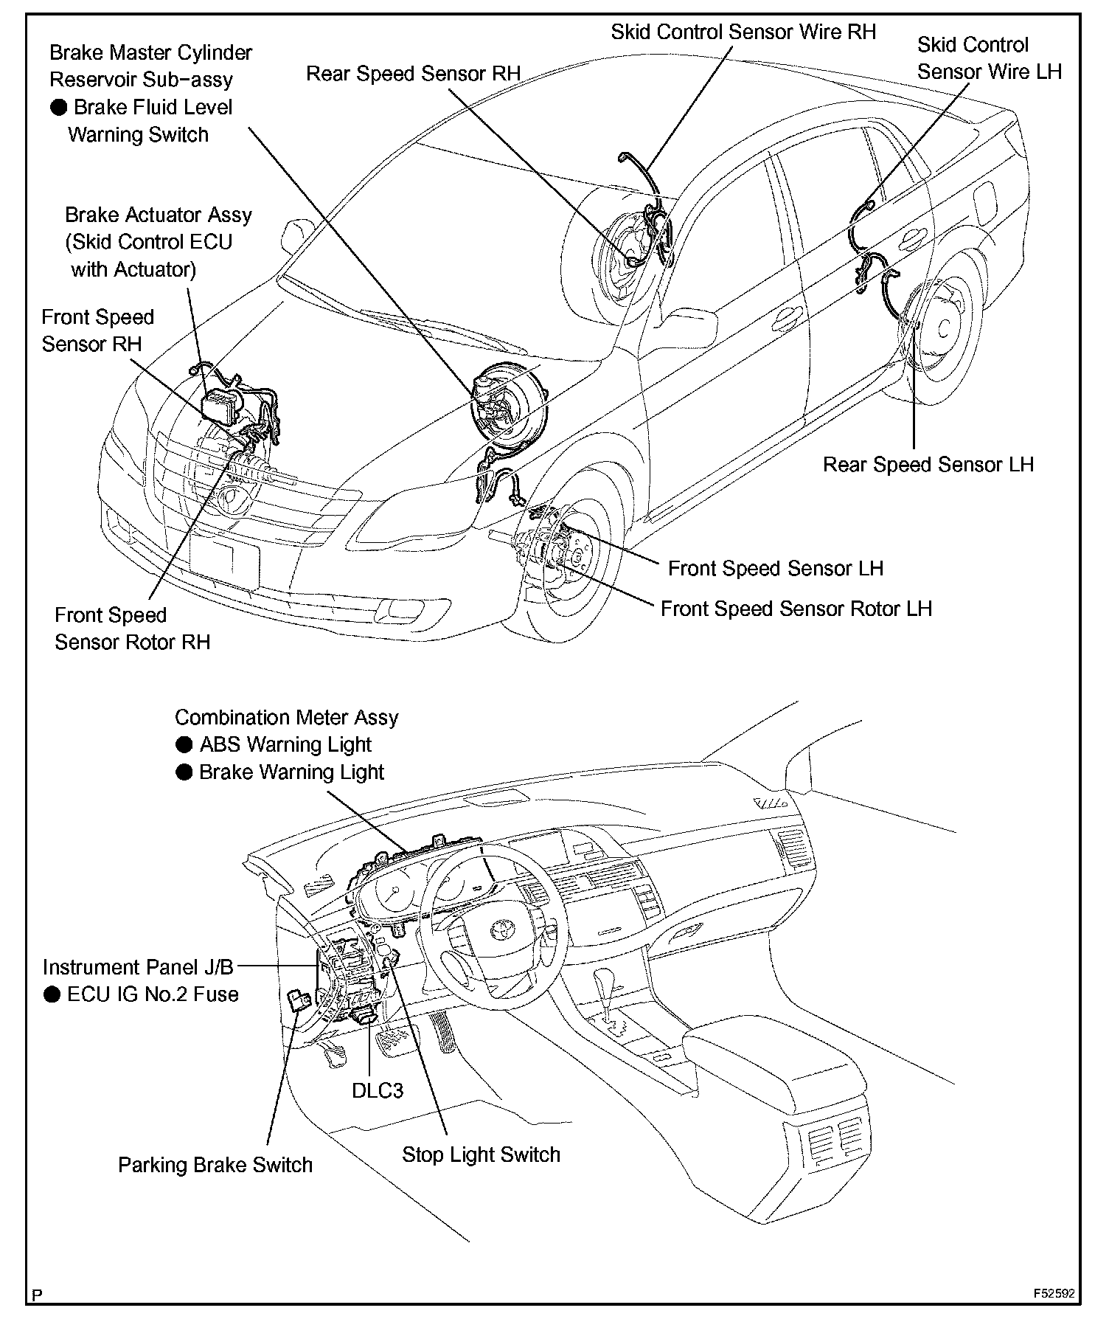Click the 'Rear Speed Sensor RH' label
click(x=413, y=74)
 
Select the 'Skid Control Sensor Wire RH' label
click(x=743, y=32)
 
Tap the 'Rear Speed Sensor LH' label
click(x=928, y=465)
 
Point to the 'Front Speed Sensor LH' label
click(x=775, y=569)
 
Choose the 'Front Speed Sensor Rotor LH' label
click(x=796, y=609)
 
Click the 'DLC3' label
click(x=378, y=1090)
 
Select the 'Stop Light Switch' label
click(x=481, y=1154)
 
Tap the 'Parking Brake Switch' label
click(x=215, y=1166)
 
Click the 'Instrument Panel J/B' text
click(x=138, y=967)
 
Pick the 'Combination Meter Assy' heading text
click(x=286, y=718)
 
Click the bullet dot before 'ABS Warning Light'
click(x=184, y=746)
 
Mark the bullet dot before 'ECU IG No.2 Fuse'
click(x=51, y=995)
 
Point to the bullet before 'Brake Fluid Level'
click(x=58, y=108)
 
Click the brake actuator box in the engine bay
click(x=223, y=404)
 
